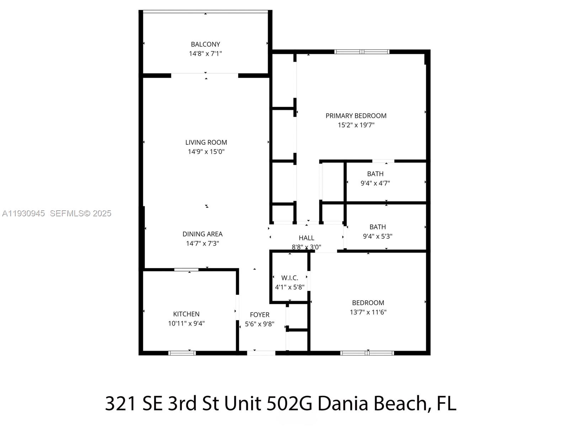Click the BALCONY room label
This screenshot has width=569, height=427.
(x=205, y=44)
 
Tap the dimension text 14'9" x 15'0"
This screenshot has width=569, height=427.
(x=206, y=152)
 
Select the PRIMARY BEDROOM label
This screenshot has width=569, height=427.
(x=356, y=116)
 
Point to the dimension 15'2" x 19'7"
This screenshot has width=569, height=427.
(x=356, y=125)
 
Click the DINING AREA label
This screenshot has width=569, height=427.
(x=202, y=234)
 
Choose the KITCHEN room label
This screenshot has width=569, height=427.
(x=186, y=314)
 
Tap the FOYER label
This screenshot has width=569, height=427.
(x=260, y=315)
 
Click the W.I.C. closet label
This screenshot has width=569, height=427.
(x=289, y=278)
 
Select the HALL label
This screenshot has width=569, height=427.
(x=306, y=238)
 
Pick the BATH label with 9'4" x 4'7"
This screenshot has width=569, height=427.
(x=375, y=174)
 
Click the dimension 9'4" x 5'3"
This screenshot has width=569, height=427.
(x=377, y=236)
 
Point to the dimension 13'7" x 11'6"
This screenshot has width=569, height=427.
(x=368, y=312)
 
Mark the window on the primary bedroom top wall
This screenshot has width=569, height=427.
(x=362, y=52)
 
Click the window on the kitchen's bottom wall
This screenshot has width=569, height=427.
(x=182, y=353)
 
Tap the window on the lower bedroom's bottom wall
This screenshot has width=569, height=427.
(x=367, y=353)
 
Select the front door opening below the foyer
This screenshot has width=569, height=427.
(x=261, y=353)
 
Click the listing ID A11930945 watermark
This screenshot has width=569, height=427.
(x=23, y=213)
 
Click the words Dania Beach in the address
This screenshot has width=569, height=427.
(x=372, y=404)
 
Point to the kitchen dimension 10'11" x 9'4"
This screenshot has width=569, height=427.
(x=186, y=323)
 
